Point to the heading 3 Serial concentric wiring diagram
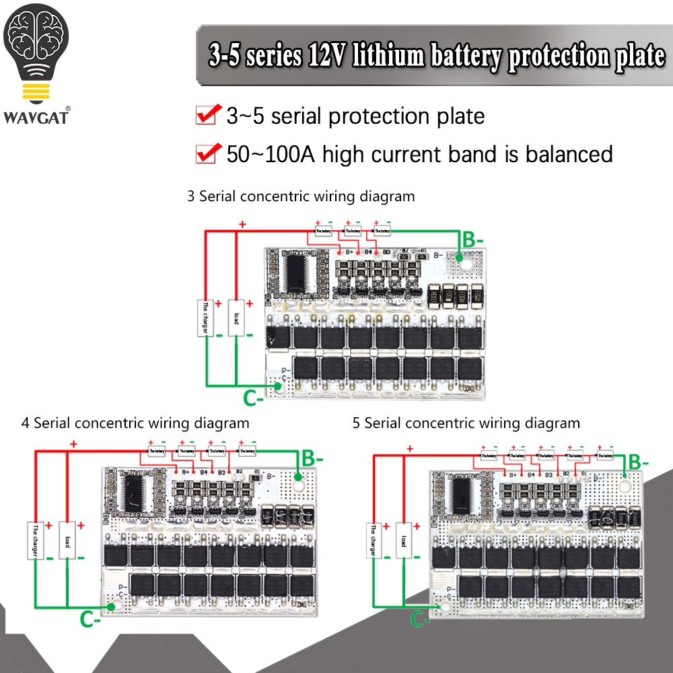click(301, 197)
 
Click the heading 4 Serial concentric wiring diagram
click(135, 423)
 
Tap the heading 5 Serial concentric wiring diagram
click(466, 423)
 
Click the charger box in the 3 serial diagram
click(205, 318)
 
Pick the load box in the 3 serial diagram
click(236, 318)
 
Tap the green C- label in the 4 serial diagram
click(92, 618)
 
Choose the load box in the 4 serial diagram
click(67, 540)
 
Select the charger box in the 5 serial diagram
click(371, 540)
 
